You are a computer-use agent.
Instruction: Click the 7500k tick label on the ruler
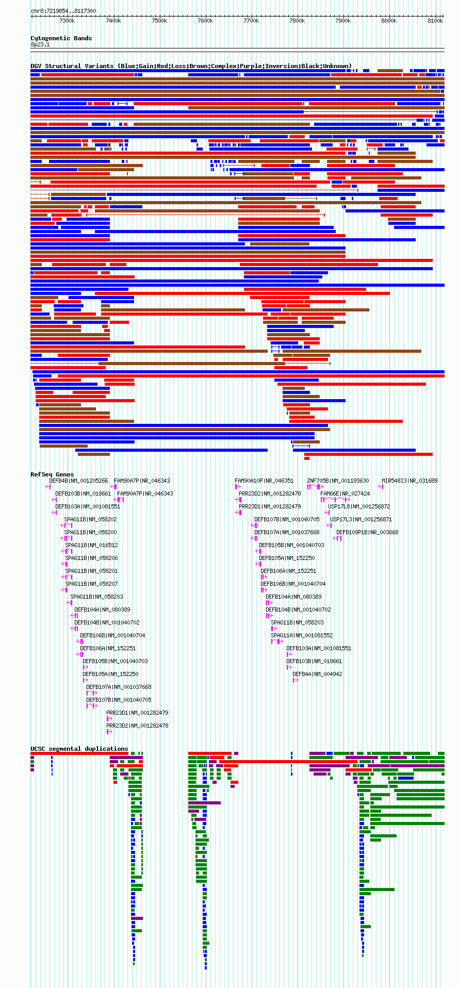(x=159, y=21)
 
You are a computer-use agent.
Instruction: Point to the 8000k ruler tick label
(x=389, y=21)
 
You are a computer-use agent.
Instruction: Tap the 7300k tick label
(x=67, y=21)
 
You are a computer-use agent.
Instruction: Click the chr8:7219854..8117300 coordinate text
(x=63, y=11)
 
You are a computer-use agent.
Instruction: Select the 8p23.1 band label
(x=40, y=45)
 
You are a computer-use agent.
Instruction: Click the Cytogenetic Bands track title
(x=61, y=38)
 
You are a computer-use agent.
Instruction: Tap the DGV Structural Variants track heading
(x=191, y=66)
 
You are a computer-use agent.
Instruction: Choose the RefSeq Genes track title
(x=52, y=474)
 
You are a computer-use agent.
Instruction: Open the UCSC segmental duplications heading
(x=79, y=749)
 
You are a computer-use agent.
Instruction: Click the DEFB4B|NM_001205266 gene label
(x=79, y=481)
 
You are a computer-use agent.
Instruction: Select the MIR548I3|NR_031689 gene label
(x=409, y=481)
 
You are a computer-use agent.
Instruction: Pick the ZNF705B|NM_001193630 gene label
(x=338, y=481)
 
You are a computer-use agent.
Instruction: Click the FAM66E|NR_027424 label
(x=345, y=493)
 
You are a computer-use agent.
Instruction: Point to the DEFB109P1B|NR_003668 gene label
(x=368, y=532)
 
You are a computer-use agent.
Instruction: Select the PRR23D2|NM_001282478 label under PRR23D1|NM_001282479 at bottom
(x=138, y=726)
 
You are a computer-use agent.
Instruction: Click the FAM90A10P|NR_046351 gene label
(x=264, y=481)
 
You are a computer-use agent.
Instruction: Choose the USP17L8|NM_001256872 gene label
(x=359, y=506)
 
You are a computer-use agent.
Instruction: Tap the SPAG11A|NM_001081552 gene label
(x=302, y=635)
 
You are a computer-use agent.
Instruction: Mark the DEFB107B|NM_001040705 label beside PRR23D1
(x=287, y=519)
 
